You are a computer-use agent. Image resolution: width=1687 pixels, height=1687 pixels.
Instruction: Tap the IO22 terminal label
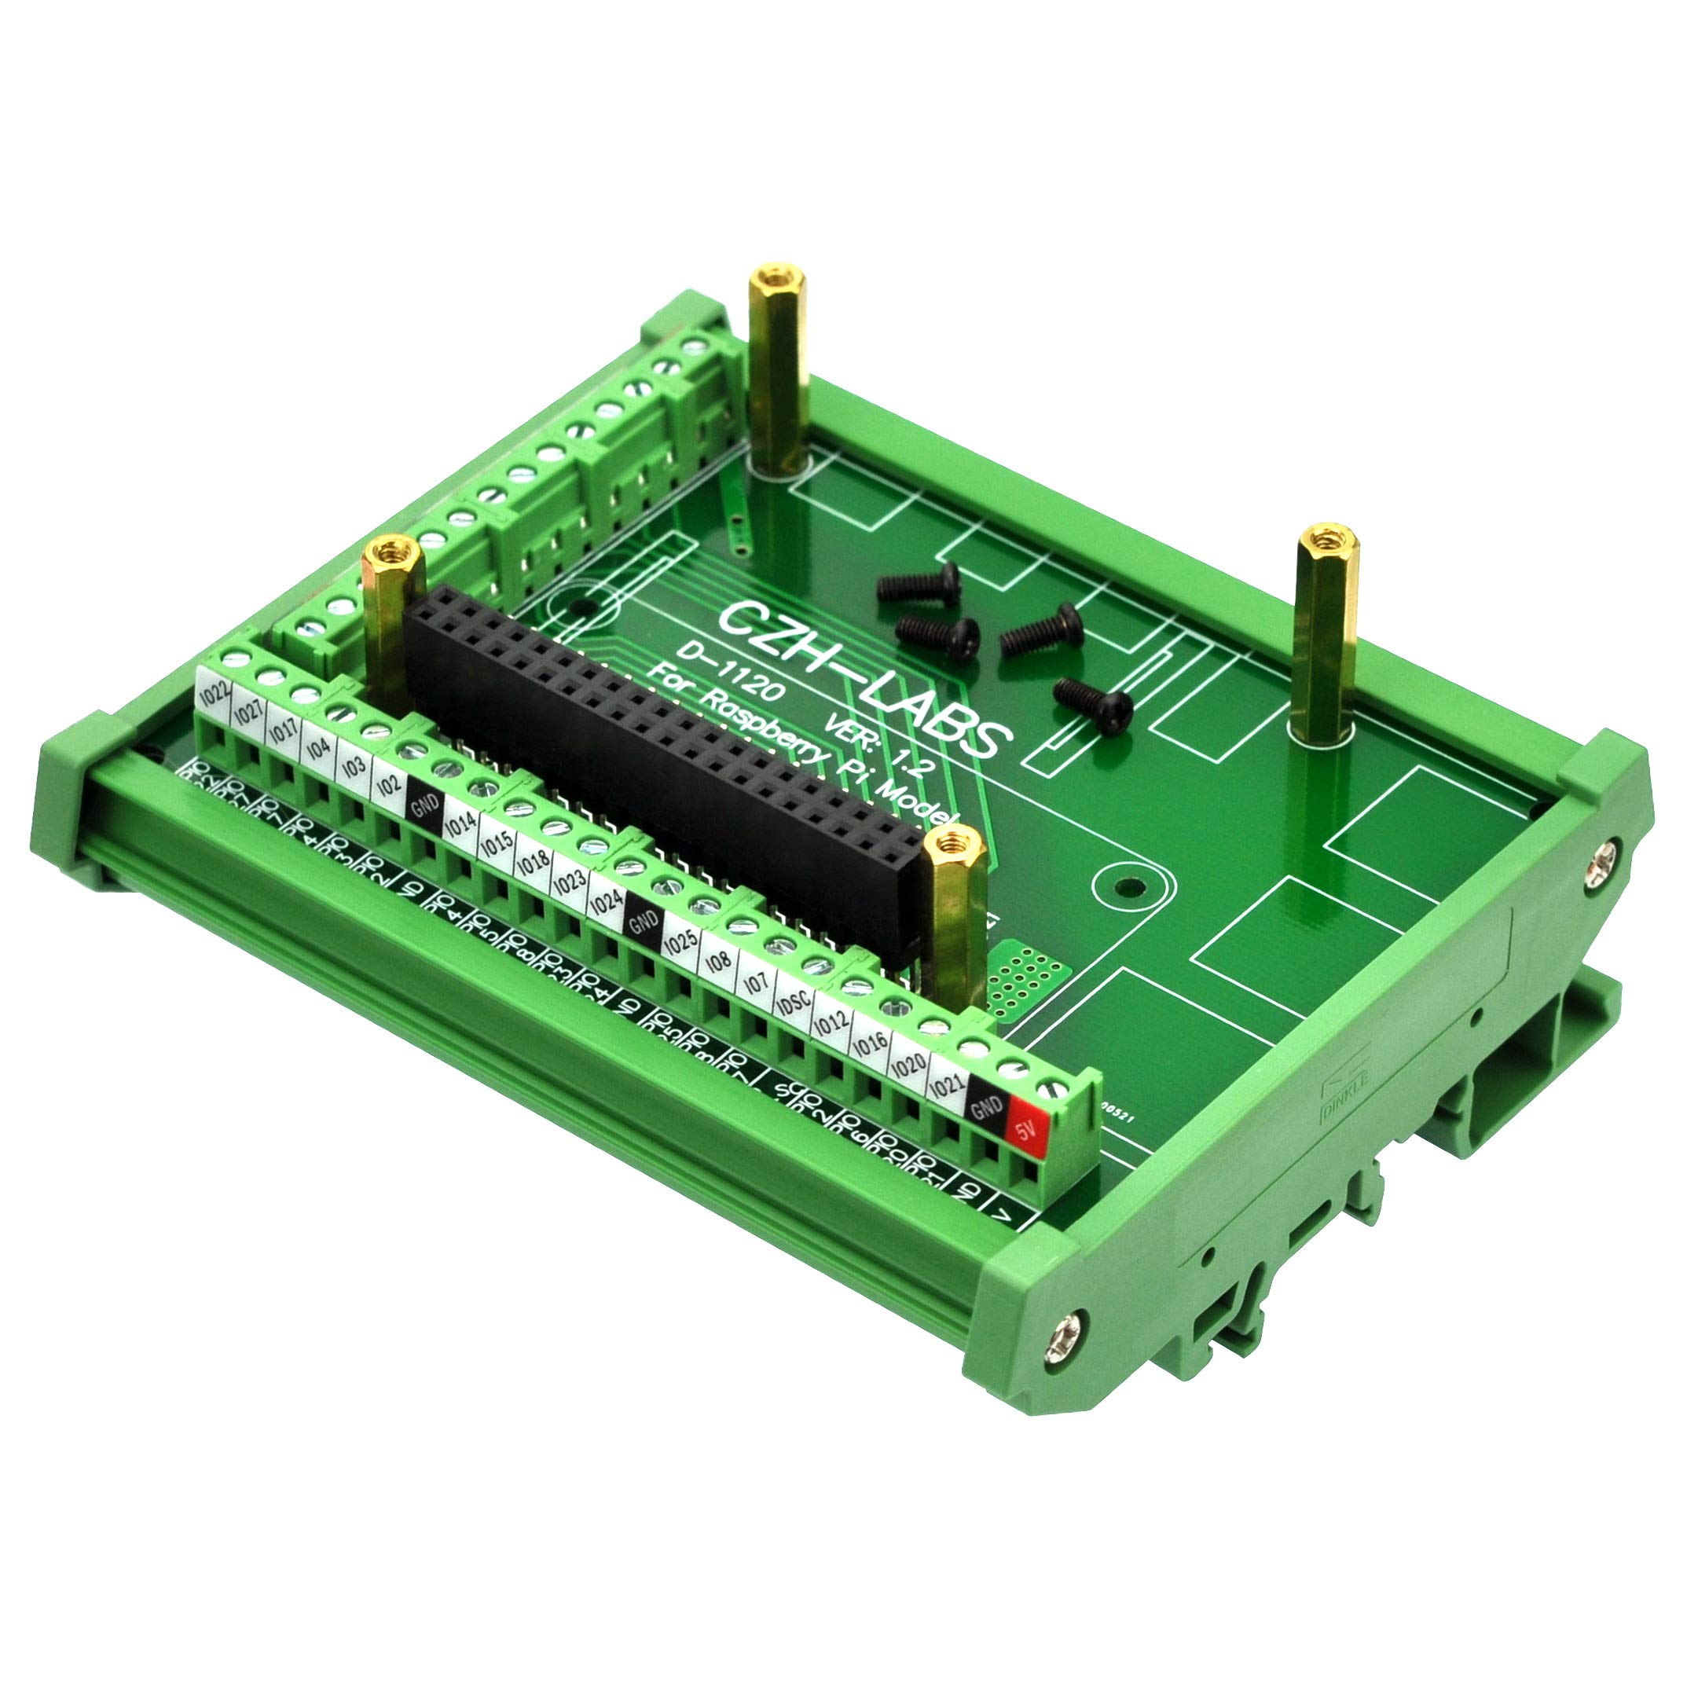214,698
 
